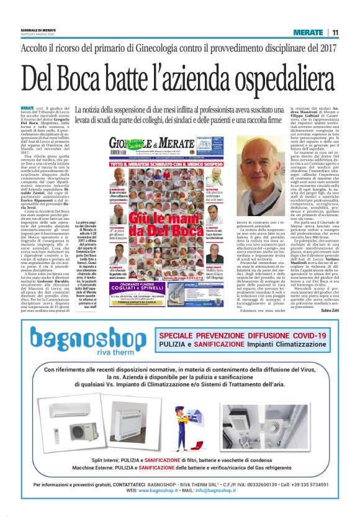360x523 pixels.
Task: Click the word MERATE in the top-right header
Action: pyautogui.click(x=308, y=32)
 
